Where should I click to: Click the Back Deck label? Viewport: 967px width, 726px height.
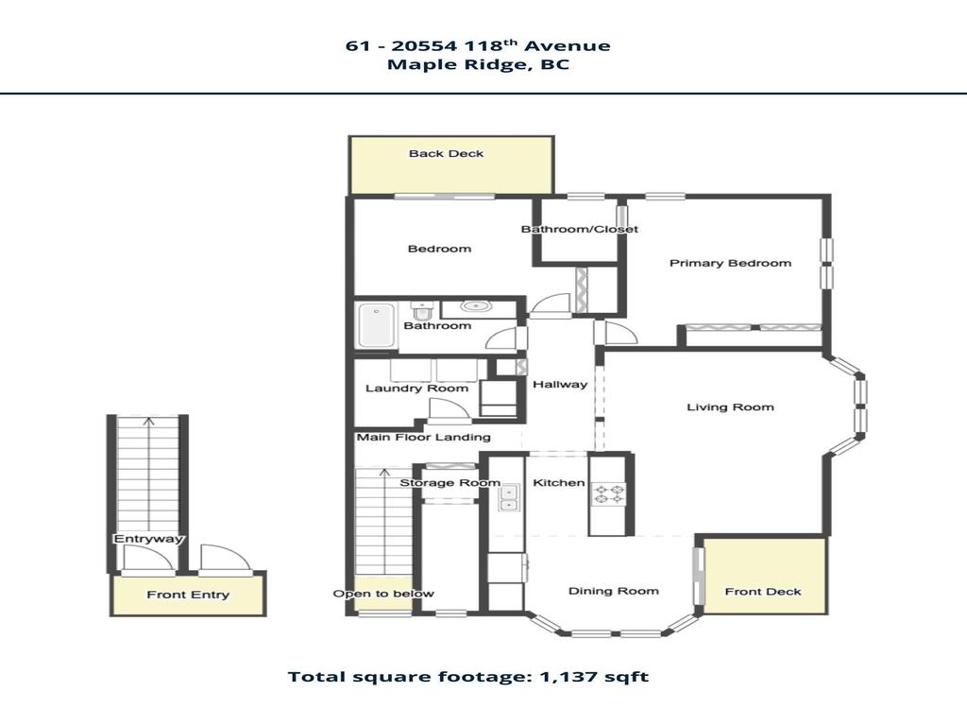pos(446,153)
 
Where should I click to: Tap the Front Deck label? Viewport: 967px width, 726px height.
pos(762,592)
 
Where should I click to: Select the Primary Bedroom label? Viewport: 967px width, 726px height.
pos(730,263)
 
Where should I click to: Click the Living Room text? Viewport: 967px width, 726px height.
pos(729,407)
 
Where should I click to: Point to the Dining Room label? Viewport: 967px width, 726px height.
pos(613,592)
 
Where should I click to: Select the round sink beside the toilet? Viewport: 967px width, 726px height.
pos(478,306)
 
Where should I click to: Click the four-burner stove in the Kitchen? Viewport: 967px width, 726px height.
pos(609,493)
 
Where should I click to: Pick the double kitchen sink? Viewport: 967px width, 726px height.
pos(510,498)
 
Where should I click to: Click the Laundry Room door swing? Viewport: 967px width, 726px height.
pos(447,411)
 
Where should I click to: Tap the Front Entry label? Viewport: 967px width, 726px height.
pos(187,595)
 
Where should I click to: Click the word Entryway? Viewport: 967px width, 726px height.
pos(148,539)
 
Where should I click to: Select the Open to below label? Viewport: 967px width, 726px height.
pos(382,594)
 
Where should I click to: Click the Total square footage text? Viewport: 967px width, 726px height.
pos(467,677)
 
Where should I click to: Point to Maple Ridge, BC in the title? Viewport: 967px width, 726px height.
pos(478,65)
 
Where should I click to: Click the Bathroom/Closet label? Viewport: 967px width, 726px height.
pos(579,230)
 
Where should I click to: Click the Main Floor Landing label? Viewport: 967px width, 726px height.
pos(423,438)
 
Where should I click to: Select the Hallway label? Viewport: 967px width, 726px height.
pos(559,385)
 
